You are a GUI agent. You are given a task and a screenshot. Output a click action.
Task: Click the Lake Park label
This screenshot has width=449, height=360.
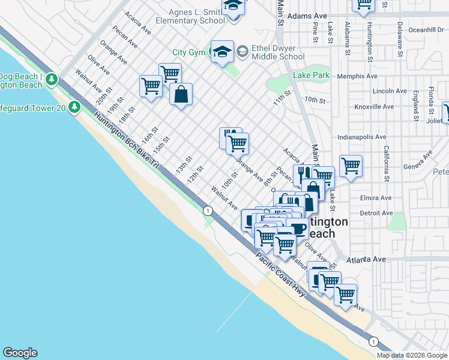click(312, 76)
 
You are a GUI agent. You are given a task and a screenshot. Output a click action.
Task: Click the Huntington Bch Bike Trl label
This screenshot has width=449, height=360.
click(126, 142)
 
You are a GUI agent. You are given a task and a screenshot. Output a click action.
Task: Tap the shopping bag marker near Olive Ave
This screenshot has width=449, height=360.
click(181, 94)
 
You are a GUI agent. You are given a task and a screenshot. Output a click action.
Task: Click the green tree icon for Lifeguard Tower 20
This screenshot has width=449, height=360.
click(74, 107)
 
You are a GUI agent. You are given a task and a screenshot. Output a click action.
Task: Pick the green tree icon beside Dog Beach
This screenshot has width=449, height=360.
click(52, 79)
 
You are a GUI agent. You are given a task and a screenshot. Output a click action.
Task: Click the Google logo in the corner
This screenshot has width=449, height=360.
click(20, 353)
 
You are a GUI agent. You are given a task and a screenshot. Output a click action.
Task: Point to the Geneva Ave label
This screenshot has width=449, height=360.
click(418, 163)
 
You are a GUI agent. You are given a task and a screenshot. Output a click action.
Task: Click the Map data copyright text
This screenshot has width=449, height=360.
click(412, 355)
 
